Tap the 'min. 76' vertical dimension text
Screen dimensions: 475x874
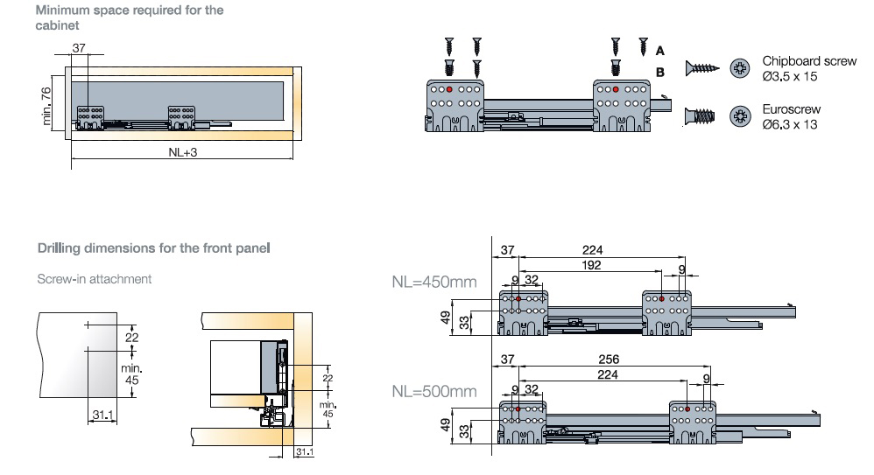(x=47, y=104)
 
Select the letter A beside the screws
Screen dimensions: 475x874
(x=660, y=52)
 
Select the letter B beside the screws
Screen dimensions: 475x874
(x=660, y=72)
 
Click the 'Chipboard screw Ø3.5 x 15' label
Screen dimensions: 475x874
(x=808, y=69)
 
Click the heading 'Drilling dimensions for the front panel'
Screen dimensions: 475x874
(x=153, y=248)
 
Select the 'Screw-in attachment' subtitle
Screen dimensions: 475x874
(x=94, y=279)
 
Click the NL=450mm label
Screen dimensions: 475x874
(x=434, y=283)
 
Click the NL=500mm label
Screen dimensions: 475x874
(x=434, y=390)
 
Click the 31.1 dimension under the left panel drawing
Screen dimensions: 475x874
(x=102, y=415)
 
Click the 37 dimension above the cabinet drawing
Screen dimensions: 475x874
(x=79, y=49)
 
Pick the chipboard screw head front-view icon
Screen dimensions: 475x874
(x=740, y=67)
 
